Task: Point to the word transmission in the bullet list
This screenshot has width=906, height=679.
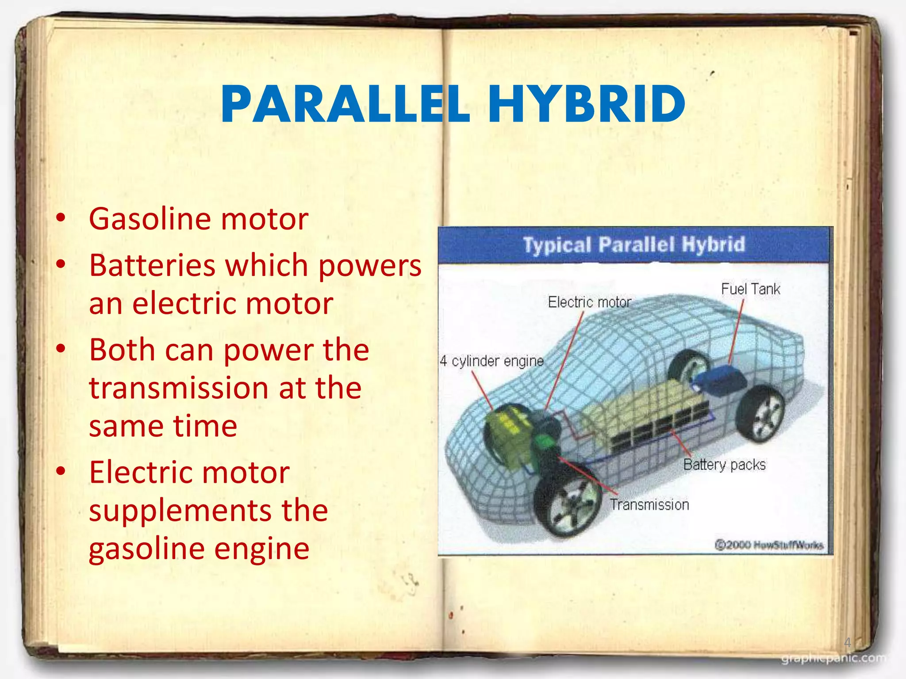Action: click(179, 388)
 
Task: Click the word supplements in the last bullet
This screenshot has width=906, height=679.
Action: click(179, 511)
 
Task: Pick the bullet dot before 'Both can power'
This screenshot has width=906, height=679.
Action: click(61, 349)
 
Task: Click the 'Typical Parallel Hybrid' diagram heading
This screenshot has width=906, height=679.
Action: click(634, 244)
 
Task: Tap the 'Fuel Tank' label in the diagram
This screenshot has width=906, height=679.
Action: click(750, 289)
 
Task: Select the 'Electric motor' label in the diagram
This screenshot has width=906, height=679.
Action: click(589, 302)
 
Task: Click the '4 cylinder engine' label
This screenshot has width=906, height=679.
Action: click(491, 361)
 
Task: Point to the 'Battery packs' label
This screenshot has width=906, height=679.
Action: click(724, 465)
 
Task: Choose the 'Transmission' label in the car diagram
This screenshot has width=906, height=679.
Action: click(649, 504)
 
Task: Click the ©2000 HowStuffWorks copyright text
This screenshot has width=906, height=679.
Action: click(769, 545)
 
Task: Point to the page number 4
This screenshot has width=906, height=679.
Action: click(847, 642)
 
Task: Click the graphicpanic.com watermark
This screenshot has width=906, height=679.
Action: click(834, 659)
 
